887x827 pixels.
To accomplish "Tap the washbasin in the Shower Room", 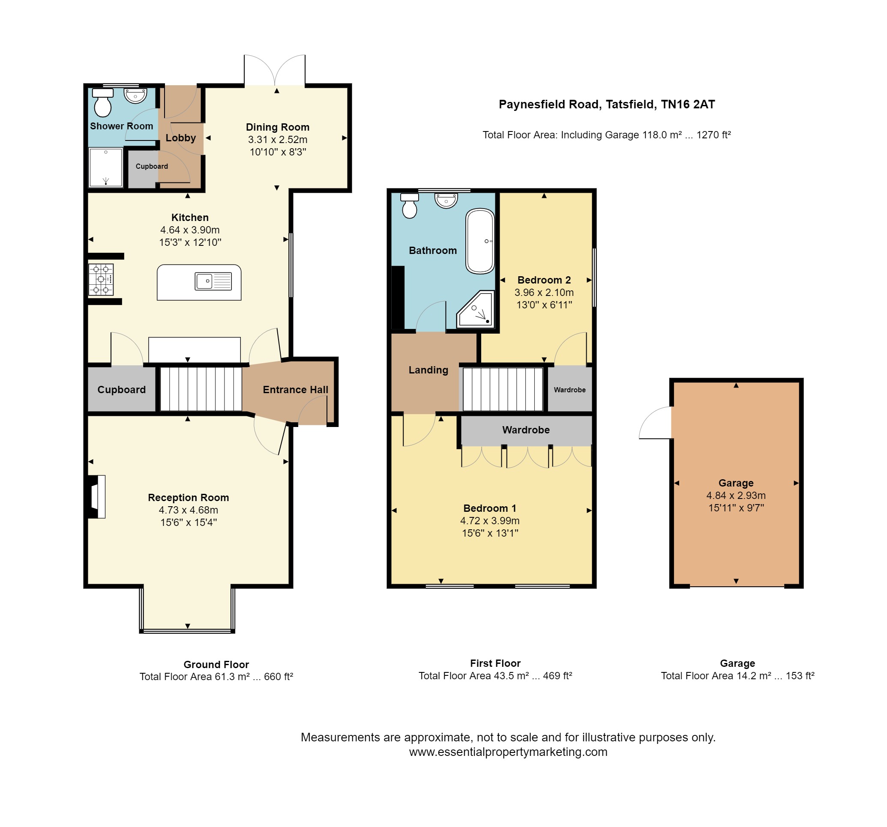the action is tap(135, 95).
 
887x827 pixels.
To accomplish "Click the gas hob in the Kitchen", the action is tap(101, 280).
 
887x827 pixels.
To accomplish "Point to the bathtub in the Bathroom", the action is tap(480, 241).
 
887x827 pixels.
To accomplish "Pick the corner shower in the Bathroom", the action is tap(476, 309).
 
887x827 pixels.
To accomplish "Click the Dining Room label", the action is tap(278, 127).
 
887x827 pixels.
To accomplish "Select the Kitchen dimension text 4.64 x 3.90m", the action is tap(190, 230).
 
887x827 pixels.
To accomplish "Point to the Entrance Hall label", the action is tap(295, 390).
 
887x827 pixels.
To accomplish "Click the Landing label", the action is tap(429, 370).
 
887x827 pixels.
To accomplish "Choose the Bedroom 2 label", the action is tap(544, 280).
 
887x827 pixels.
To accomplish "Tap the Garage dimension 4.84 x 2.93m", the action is tap(736, 496).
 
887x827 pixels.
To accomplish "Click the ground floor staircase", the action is tap(201, 388).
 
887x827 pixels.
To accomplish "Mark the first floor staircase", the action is tap(503, 389).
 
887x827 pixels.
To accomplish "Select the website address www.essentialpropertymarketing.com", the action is tap(508, 752).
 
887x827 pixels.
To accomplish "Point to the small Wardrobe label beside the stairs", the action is tap(570, 390).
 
